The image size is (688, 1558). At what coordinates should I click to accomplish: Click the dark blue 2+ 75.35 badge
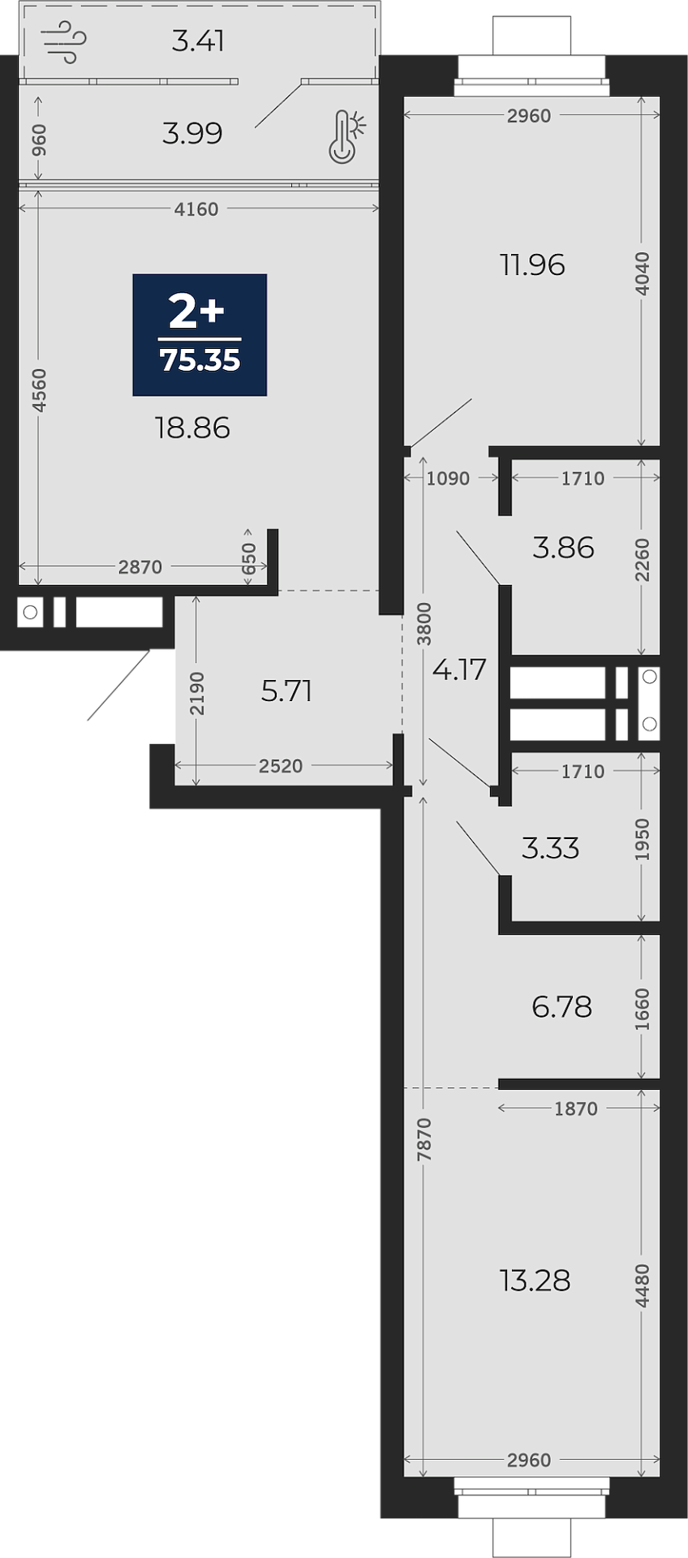[200, 334]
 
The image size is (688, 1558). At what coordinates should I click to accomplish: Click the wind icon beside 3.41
[63, 41]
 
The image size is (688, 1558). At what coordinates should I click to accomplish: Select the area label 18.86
[192, 428]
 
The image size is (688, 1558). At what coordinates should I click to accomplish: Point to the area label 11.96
[532, 265]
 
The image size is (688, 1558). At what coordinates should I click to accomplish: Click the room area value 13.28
[535, 1280]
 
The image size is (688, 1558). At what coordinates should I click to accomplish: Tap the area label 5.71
[286, 691]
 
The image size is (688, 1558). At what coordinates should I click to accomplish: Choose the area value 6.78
[561, 1007]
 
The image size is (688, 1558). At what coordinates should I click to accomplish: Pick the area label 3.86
[563, 548]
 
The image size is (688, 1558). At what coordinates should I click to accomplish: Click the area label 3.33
[550, 848]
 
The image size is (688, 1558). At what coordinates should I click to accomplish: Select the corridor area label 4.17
[459, 669]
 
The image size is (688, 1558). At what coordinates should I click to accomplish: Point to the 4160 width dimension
[196, 209]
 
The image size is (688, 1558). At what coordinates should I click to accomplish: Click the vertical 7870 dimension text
[424, 1139]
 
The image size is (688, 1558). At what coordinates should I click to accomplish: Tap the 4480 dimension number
[642, 1285]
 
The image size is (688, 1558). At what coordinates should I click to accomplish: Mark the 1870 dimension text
[576, 1108]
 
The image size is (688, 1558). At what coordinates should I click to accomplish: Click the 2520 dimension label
[281, 766]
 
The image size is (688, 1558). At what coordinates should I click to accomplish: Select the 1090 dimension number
[448, 479]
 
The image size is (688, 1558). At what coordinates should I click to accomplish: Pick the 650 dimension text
[248, 559]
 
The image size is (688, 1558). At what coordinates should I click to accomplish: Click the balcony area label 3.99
[192, 133]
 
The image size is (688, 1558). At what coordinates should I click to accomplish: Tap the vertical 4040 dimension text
[642, 273]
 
